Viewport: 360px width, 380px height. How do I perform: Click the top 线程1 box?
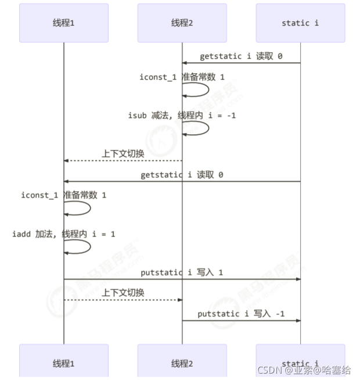point(64,23)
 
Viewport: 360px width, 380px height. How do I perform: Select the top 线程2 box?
point(182,23)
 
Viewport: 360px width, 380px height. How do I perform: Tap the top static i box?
point(300,23)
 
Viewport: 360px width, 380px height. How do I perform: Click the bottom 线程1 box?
point(64,363)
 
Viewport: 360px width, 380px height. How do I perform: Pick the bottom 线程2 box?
point(182,363)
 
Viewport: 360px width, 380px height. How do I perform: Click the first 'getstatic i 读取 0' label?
point(241,56)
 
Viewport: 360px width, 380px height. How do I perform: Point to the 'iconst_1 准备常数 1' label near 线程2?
point(182,77)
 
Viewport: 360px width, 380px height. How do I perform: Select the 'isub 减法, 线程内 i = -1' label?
point(182,116)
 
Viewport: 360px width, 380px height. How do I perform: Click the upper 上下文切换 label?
point(123,154)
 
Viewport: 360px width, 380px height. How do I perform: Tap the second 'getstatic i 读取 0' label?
point(182,175)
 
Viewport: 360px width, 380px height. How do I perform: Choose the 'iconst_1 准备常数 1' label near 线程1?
point(64,195)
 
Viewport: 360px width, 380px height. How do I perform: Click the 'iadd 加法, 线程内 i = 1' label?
point(64,234)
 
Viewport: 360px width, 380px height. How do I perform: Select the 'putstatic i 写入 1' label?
point(182,273)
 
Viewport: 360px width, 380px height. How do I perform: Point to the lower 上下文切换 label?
point(123,293)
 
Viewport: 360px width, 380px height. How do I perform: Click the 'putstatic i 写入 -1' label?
point(241,314)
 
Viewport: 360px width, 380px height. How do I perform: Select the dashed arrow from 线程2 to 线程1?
point(123,161)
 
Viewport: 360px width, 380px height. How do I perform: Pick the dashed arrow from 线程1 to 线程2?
point(123,300)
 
